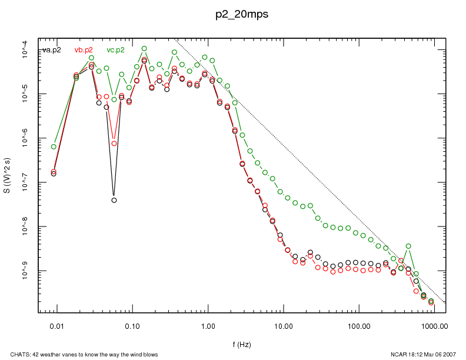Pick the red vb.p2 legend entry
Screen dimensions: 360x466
pyautogui.click(x=84, y=50)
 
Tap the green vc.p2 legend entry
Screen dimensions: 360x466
pyautogui.click(x=115, y=50)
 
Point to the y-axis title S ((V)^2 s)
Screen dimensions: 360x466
pyautogui.click(x=8, y=176)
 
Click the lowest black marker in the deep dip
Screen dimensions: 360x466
pyautogui.click(x=114, y=200)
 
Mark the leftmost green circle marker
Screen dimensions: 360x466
pyautogui.click(x=54, y=146)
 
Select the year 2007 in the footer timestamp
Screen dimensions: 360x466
pyautogui.click(x=450, y=354)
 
